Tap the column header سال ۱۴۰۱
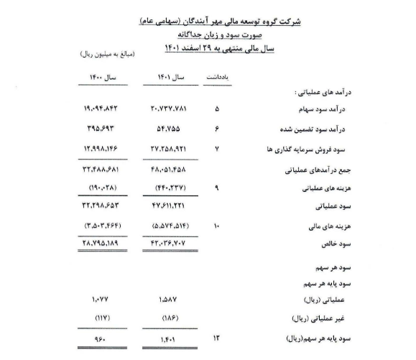point(170,77)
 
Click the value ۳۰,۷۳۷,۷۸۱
point(170,110)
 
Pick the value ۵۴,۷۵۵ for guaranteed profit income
point(170,129)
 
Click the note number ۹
point(216,189)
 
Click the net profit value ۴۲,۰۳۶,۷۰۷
point(170,244)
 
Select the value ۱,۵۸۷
point(170,298)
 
